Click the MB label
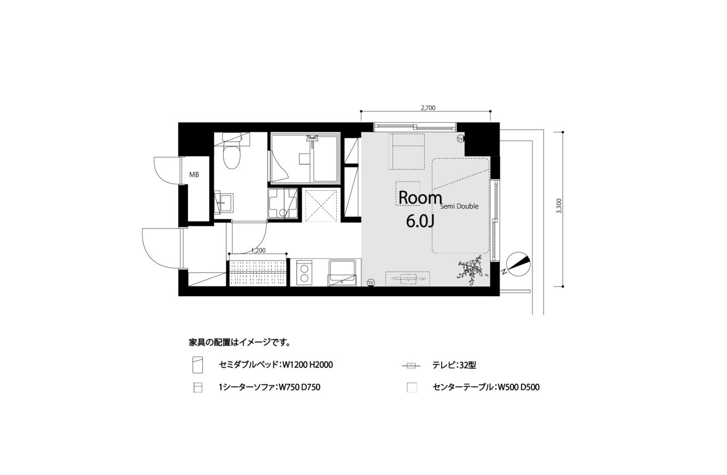[x=194, y=175]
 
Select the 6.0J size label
[x=420, y=221]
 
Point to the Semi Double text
[x=459, y=206]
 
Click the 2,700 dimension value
[x=428, y=108]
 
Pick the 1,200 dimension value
[x=259, y=250]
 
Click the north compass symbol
[x=518, y=264]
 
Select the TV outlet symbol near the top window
[x=460, y=139]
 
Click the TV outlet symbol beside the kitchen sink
[x=371, y=283]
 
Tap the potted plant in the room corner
[x=472, y=270]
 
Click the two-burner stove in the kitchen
[x=304, y=273]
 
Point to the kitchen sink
[x=342, y=273]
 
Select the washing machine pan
[x=283, y=204]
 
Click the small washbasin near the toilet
[x=224, y=203]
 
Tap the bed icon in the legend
[x=197, y=365]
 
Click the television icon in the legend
[x=412, y=366]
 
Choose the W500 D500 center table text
[x=518, y=387]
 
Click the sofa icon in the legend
[x=197, y=388]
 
